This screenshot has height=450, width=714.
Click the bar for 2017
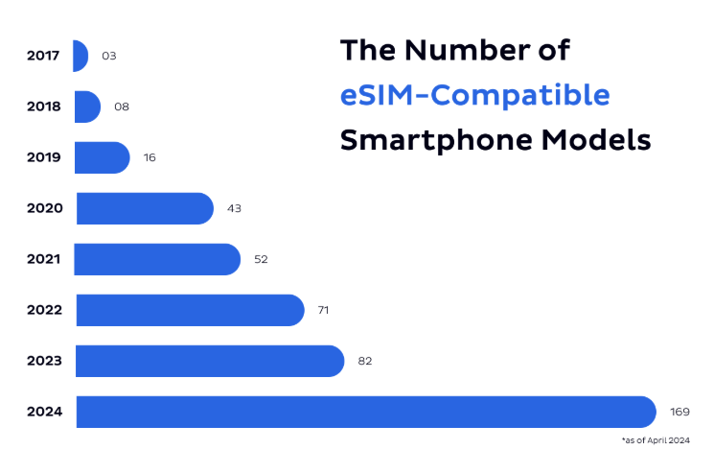click(x=81, y=56)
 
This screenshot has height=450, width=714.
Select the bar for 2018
click(x=86, y=107)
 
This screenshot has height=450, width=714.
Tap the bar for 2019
click(x=102, y=157)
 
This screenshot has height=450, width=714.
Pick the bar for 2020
click(x=144, y=208)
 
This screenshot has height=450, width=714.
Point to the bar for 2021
click(x=157, y=259)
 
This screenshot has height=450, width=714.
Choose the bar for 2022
click(x=190, y=310)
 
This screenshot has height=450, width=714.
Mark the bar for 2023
click(x=209, y=361)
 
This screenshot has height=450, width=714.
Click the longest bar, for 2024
click(x=365, y=412)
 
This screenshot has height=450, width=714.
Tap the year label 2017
click(x=43, y=56)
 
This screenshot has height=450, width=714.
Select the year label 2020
click(x=44, y=208)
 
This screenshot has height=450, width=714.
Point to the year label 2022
click(x=44, y=310)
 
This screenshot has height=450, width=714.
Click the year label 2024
click(x=44, y=412)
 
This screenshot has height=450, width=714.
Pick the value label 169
click(x=679, y=412)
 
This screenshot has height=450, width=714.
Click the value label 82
click(x=364, y=361)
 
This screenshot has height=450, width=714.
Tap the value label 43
click(x=233, y=208)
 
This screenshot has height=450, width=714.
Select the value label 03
click(x=108, y=56)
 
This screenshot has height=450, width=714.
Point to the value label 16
click(x=150, y=157)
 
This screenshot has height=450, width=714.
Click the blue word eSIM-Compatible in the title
click(x=474, y=95)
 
